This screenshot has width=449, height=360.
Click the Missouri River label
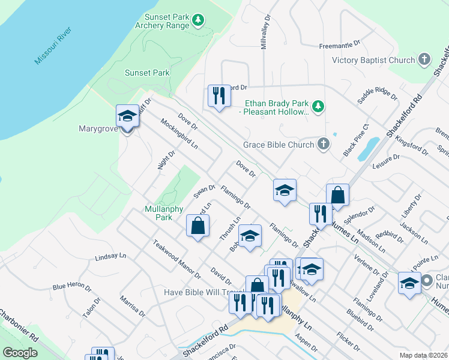point(53,46)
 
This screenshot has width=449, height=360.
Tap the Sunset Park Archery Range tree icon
point(198,20)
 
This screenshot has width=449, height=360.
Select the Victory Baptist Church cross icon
point(424,59)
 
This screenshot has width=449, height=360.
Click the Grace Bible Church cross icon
point(323,144)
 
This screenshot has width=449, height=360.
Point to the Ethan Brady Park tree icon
point(319,107)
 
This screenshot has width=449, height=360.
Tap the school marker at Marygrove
point(127,116)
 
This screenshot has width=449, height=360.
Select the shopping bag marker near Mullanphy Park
point(198,227)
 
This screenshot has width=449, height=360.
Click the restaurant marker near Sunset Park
point(219,95)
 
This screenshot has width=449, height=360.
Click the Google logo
point(20,352)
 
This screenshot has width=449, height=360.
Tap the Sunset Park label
point(147,73)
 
